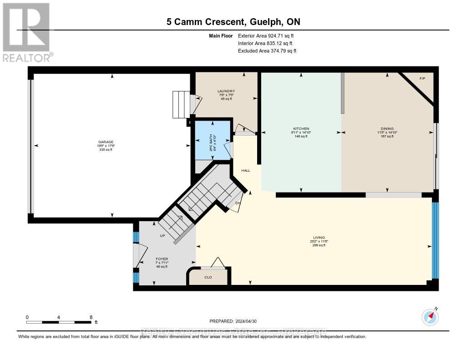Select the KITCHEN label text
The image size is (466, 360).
click(x=301, y=129)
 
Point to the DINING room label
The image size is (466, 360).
click(x=387, y=129)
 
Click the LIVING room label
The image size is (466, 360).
click(x=318, y=238)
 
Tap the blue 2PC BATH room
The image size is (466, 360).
click(x=213, y=139)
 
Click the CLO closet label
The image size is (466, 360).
click(x=208, y=277)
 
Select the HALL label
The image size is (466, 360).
click(x=246, y=170)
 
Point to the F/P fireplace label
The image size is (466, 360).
click(x=422, y=79)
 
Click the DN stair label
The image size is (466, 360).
click(x=238, y=203)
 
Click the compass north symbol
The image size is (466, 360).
click(x=430, y=316)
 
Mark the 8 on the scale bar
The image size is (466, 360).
click(x=91, y=317)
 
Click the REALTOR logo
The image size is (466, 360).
click(x=27, y=32)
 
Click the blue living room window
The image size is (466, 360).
click(x=435, y=240)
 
